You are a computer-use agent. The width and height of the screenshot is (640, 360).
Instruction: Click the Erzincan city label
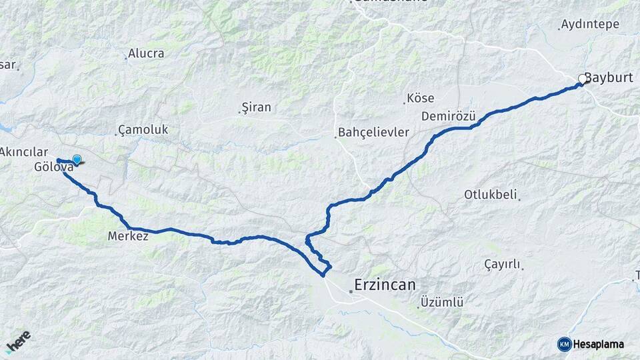pyautogui.click(x=385, y=285)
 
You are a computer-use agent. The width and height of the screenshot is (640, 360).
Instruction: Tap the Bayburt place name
pyautogui.click(x=609, y=77)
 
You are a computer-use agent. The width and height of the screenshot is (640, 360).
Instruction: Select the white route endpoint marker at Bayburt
pyautogui.click(x=582, y=79)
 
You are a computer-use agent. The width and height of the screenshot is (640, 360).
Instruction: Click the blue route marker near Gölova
pyautogui.click(x=77, y=159)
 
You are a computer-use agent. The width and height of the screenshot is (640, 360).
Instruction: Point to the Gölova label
pyautogui.click(x=53, y=167)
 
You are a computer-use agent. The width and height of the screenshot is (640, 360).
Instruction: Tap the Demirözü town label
pyautogui.click(x=448, y=116)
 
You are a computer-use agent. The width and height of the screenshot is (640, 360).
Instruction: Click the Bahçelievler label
pyautogui.click(x=373, y=132)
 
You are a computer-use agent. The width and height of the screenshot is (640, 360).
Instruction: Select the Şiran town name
pyautogui.click(x=256, y=107)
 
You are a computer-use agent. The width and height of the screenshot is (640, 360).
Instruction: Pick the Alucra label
pyautogui.click(x=145, y=53)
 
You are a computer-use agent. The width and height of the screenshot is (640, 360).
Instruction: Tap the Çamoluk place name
pyautogui.click(x=143, y=129)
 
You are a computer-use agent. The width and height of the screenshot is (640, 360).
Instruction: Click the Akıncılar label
pyautogui.click(x=24, y=152)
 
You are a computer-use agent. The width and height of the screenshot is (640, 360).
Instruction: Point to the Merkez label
pyautogui.click(x=127, y=236)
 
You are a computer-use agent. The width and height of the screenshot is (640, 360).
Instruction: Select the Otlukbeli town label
pyautogui.click(x=491, y=195)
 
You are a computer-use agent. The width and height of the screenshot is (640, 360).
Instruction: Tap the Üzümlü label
pyautogui.click(x=441, y=303)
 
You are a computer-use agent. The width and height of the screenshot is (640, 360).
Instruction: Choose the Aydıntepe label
pyautogui.click(x=590, y=24)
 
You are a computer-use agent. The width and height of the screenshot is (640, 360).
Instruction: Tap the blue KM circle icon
pyautogui.click(x=564, y=344)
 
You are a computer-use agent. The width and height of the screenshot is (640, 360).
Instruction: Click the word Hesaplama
pyautogui.click(x=599, y=345)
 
